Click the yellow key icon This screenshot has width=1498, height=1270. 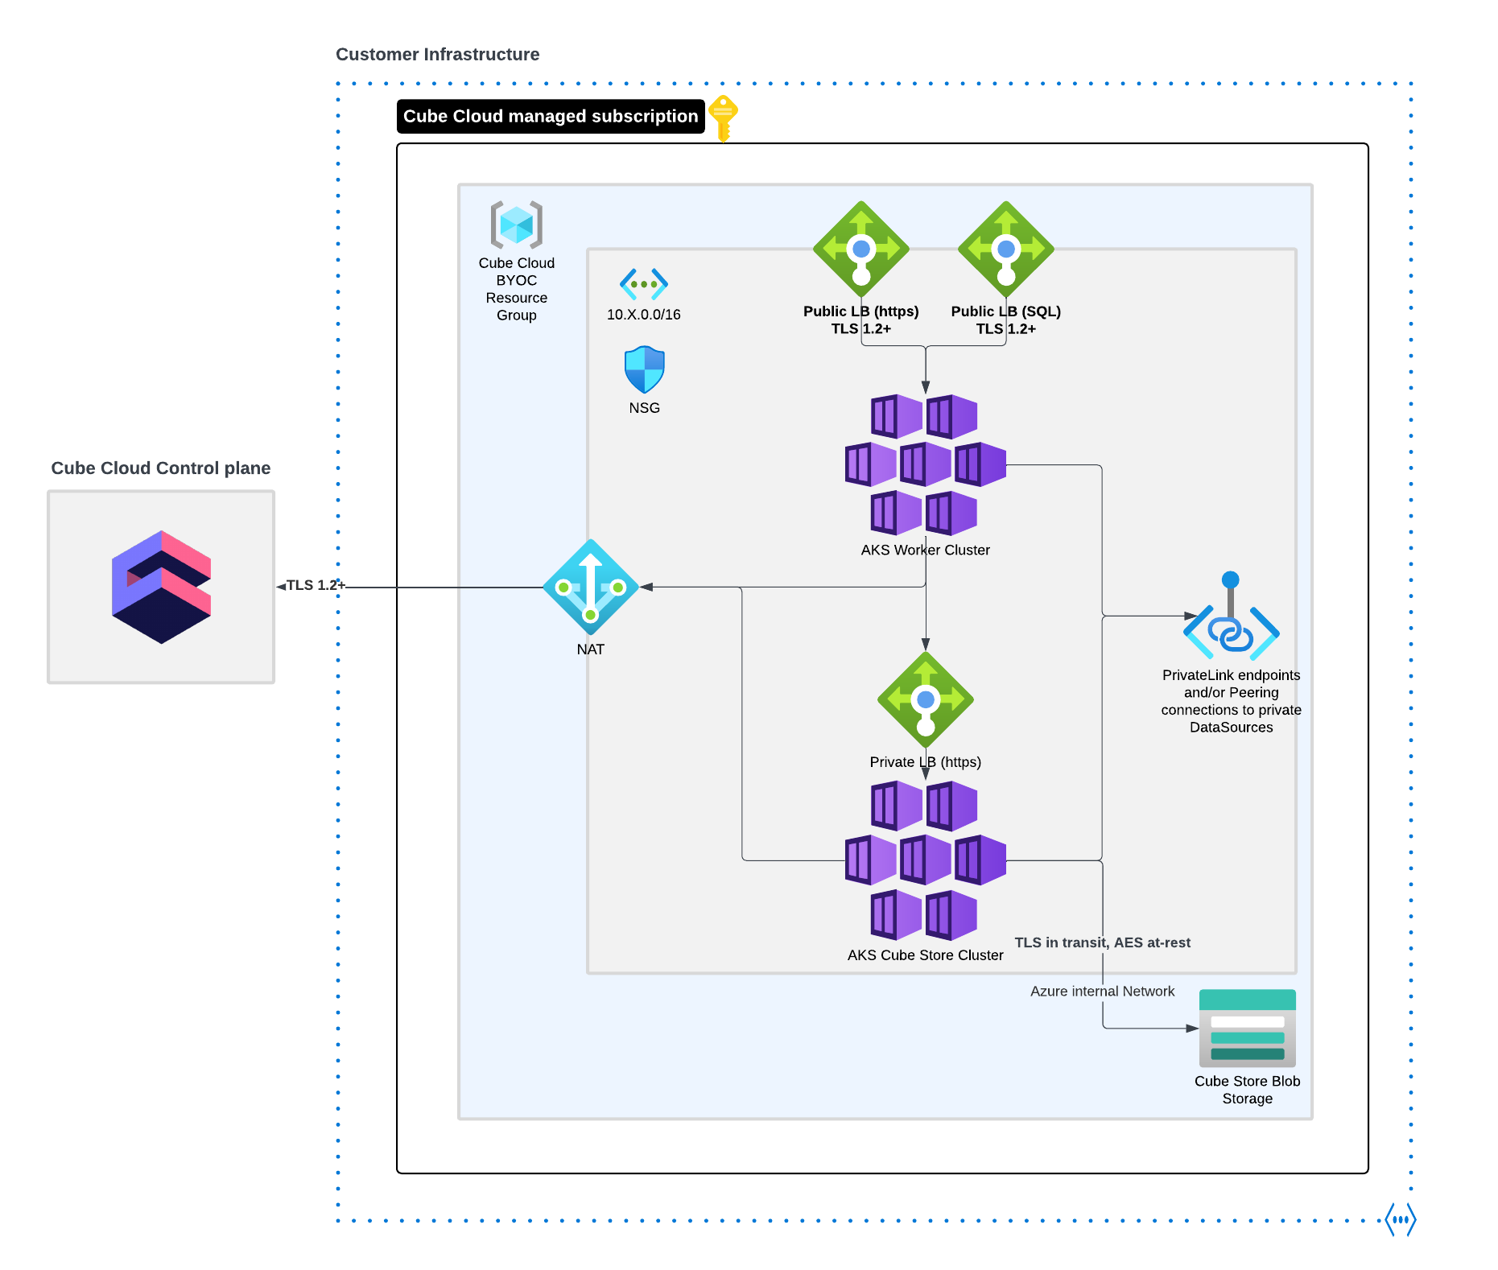[x=724, y=118]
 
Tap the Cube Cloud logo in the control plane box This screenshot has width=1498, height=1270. [x=161, y=587]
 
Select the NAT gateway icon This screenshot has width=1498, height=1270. [x=591, y=587]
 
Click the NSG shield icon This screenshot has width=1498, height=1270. [x=645, y=369]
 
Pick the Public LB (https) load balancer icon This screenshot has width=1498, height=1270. [x=861, y=249]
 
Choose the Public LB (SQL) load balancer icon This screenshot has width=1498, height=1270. [x=1006, y=249]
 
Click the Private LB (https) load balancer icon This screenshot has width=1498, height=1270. [x=926, y=699]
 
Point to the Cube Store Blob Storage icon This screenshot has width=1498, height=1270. [x=1247, y=1028]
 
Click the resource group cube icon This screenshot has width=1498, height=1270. [x=517, y=225]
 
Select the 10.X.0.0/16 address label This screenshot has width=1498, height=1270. [x=643, y=315]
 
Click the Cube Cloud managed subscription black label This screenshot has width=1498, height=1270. [x=551, y=117]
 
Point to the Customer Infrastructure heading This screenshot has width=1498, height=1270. [x=437, y=55]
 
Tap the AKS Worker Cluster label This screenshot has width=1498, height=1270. [x=925, y=550]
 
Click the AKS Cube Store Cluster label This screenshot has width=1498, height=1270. [x=925, y=955]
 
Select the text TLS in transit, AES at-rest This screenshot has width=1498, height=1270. [x=1102, y=942]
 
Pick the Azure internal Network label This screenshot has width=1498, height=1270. [x=1102, y=992]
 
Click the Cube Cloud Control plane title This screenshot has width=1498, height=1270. [x=161, y=468]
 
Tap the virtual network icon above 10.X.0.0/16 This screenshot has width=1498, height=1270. [x=644, y=283]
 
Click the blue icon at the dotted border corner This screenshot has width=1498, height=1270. [x=1401, y=1219]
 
